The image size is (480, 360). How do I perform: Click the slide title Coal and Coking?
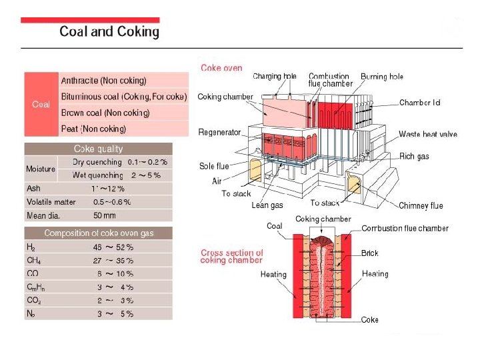109,31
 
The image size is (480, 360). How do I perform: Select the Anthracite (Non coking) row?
103,81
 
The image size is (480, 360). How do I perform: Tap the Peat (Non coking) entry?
93,129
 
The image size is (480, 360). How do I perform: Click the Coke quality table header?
98,149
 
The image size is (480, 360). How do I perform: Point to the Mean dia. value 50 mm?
105,215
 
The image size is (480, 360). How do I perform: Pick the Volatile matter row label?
51,202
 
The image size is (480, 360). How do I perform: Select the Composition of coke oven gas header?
98,233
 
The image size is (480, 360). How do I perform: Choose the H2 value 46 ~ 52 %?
113,247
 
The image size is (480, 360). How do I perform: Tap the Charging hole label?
275,77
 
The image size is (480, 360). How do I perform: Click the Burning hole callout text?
383,77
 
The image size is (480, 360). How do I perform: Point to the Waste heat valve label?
428,135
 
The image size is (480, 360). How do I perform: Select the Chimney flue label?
421,206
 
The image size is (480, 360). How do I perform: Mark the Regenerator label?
219,133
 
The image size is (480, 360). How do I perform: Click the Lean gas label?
269,205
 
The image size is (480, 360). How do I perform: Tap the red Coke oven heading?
221,68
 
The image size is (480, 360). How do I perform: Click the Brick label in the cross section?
370,253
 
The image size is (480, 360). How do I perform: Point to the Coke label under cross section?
370,320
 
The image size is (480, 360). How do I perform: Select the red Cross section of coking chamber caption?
232,257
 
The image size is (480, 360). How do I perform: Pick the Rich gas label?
414,157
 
